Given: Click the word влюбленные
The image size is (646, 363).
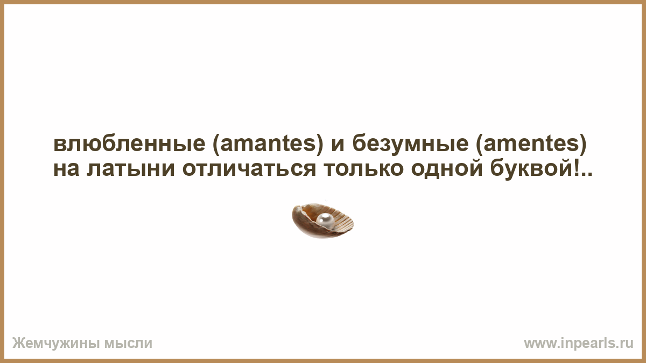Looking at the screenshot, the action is coord(129,144).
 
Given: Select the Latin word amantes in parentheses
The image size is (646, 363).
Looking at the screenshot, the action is coord(268,144).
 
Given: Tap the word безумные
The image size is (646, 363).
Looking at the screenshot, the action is coord(410,144).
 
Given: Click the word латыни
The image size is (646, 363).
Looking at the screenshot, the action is coord(131,169).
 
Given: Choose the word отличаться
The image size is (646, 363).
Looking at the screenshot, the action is coord(249,169).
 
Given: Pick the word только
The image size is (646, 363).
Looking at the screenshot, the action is coord(363,169).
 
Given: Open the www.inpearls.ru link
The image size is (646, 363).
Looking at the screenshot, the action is coord(579,344).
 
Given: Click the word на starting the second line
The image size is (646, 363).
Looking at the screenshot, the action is coord(66,169).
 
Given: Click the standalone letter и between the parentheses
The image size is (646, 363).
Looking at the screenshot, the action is coord(338,144).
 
